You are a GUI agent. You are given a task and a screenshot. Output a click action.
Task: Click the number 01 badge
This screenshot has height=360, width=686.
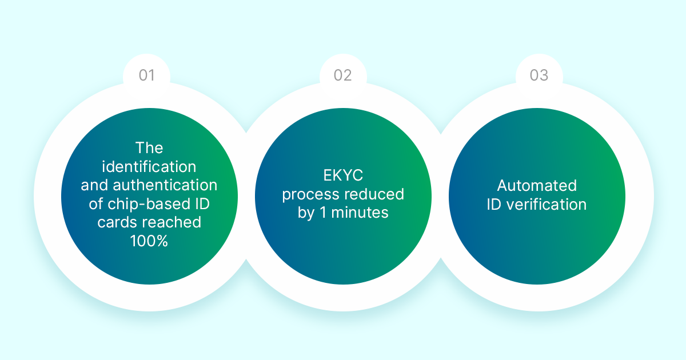pyautogui.click(x=147, y=75)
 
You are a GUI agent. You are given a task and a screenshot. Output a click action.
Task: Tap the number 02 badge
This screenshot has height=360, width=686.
pyautogui.click(x=342, y=75)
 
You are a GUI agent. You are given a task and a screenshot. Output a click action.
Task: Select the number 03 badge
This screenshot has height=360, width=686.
pyautogui.click(x=539, y=75)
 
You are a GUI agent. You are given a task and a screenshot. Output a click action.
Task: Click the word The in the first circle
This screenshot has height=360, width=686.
pyautogui.click(x=149, y=148)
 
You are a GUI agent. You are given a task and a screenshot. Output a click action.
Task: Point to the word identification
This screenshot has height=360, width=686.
pyautogui.click(x=149, y=166)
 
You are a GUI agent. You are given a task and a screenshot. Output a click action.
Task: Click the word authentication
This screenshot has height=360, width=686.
pyautogui.click(x=165, y=185)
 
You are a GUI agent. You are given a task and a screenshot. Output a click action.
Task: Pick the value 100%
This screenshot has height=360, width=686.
pyautogui.click(x=149, y=241)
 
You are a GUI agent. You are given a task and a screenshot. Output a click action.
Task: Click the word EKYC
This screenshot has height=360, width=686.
pyautogui.click(x=343, y=175)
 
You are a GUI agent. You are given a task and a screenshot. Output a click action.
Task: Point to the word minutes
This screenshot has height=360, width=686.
pyautogui.click(x=360, y=213)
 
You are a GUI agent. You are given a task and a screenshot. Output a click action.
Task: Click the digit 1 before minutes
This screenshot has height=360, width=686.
pyautogui.click(x=323, y=213)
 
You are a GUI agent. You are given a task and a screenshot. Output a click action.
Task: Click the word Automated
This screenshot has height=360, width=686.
pyautogui.click(x=537, y=186)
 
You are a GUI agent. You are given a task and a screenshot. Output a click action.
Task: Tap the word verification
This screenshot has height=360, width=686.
pyautogui.click(x=547, y=204)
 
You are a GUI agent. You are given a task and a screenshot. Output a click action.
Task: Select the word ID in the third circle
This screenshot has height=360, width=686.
pyautogui.click(x=494, y=205)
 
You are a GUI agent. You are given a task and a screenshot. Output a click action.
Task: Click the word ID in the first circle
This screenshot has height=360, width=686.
pyautogui.click(x=202, y=204)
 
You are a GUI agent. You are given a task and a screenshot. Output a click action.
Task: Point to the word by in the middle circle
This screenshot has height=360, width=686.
pyautogui.click(x=306, y=213)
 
